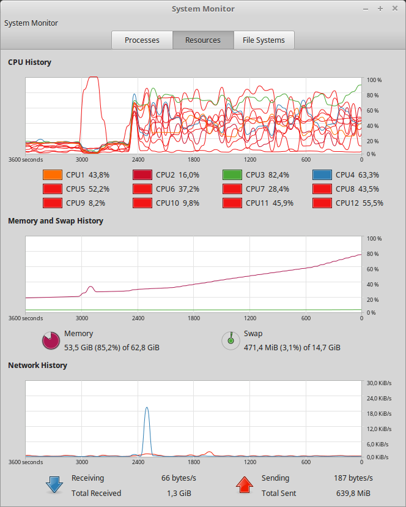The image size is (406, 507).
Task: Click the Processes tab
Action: (142, 40)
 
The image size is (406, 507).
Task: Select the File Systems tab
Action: (264, 40)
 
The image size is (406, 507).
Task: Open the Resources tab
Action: (203, 40)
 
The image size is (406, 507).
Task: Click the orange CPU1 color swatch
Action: (52, 175)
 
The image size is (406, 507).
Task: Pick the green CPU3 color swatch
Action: (232, 175)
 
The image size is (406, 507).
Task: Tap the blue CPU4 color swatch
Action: (322, 175)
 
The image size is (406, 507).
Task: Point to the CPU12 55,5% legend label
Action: (359, 203)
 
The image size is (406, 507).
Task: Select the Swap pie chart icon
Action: (230, 340)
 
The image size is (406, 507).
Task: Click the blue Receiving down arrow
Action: (54, 486)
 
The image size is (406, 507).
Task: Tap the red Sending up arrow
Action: (245, 486)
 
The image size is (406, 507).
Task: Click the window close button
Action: (394, 9)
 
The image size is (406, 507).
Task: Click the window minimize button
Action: (366, 9)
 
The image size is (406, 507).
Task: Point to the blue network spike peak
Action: (147, 408)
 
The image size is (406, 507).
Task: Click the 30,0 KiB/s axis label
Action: (378, 384)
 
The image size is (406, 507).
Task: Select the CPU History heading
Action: (29, 62)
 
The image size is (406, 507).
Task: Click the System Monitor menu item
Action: (31, 23)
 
